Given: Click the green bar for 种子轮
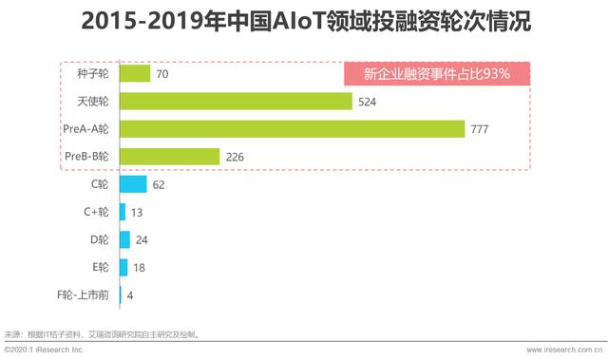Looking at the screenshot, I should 135,73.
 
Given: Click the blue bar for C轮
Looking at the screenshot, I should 132,184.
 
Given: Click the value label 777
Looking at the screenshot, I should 482,129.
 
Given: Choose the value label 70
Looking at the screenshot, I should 162,74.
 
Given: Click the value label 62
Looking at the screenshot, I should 159,185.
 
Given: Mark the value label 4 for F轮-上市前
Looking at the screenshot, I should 130,296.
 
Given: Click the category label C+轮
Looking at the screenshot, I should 96,213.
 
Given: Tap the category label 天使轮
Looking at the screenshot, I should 92,101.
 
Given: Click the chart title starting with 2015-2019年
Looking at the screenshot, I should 304,21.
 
